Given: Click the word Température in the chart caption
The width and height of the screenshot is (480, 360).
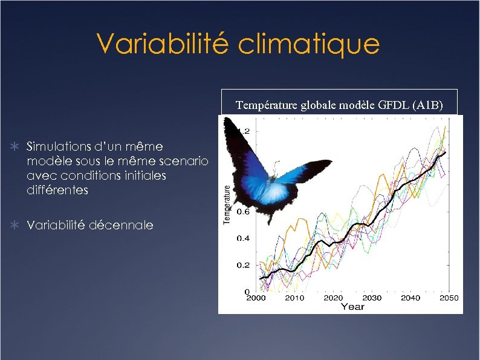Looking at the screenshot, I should coord(265,105).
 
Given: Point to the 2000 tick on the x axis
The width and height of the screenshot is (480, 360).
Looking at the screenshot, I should coord(256,298).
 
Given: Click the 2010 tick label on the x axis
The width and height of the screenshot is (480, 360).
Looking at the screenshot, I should coord(294,298).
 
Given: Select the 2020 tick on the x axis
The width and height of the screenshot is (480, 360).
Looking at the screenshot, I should coord(333,298).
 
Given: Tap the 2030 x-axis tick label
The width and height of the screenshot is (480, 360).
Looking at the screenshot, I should coord(372,298).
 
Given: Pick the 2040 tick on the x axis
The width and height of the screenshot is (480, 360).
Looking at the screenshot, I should coord(410,298).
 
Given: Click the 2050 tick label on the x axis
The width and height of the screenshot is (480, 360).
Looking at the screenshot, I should coord(449,298).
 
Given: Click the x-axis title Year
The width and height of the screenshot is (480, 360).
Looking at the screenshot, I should coord(352,307).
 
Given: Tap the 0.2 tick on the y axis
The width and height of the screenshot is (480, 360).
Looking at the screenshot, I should coord(242,265).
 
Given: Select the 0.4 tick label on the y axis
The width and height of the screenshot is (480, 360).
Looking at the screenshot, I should coord(242,238).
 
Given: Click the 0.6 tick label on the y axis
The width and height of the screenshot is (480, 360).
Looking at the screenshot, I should coord(242,212).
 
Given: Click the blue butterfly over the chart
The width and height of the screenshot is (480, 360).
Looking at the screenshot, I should coord(266,172).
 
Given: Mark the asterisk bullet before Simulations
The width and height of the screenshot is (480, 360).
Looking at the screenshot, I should coord(18,147).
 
